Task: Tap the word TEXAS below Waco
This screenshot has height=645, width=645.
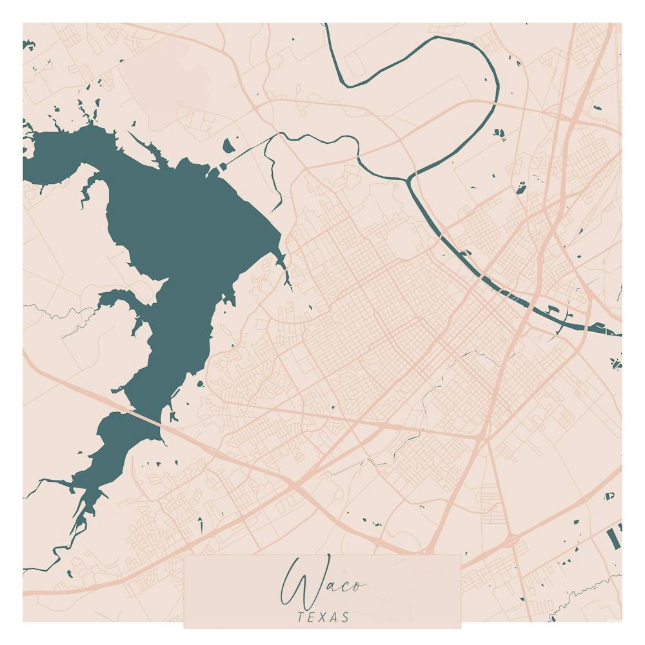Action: pos(323,617)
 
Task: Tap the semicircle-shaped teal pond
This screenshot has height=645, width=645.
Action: pos(609,497)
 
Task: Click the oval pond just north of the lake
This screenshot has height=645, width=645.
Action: pos(228,146)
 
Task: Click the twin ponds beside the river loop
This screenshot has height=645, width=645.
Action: pos(499,134)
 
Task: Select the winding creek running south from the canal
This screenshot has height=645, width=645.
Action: pos(275,174)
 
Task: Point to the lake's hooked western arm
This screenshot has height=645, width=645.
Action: pos(123,303)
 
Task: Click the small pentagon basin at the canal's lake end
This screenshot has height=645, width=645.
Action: pos(223,166)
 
